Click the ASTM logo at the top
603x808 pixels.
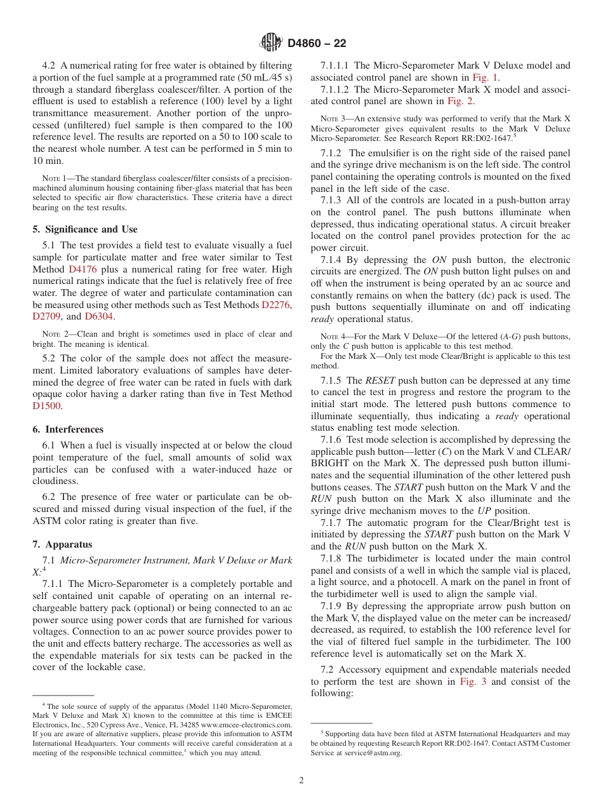click(272, 43)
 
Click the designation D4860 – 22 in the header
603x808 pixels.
click(317, 43)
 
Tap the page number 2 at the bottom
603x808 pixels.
click(301, 780)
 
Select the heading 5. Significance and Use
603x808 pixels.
click(85, 229)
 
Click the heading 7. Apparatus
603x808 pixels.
click(62, 544)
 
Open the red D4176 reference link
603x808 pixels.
click(82, 269)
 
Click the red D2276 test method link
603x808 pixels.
click(275, 305)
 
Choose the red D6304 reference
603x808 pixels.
click(98, 317)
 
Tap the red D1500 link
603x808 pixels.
click(47, 406)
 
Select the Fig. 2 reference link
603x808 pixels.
click(460, 101)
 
